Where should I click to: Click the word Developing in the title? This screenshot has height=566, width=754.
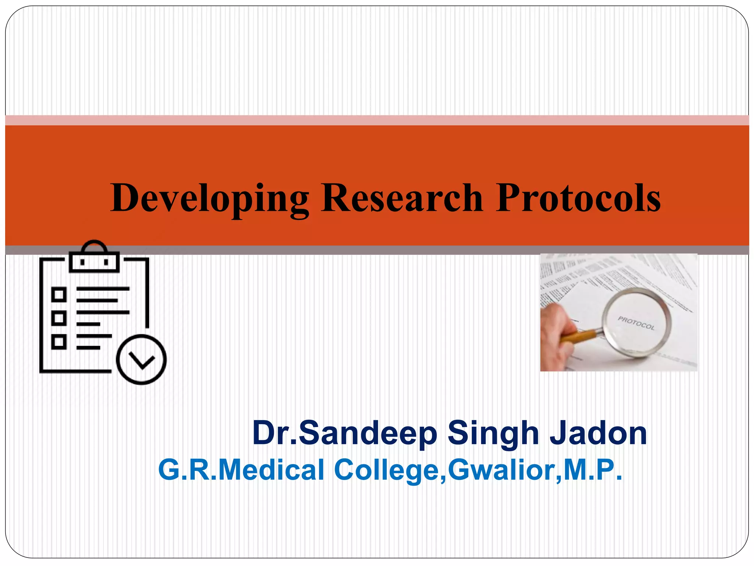coord(210,199)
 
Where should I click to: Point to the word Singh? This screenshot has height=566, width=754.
coord(493,434)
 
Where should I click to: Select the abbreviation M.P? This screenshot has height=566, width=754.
coord(593,469)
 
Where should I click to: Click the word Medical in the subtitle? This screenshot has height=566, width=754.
coord(271,470)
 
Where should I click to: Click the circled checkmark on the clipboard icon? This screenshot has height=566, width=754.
coord(141,360)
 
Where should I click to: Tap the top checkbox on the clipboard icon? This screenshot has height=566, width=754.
coord(59,295)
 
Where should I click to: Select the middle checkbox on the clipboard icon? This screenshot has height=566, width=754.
coord(59,318)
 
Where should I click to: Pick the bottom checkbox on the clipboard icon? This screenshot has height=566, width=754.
coord(59,342)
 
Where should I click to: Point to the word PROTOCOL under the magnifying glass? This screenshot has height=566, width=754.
coord(636,323)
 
